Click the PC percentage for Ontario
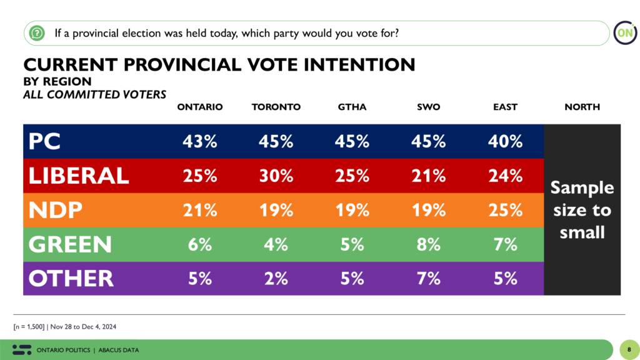tap(199, 141)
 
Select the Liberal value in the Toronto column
tap(276, 176)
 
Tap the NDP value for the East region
tap(505, 210)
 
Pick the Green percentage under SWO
tap(429, 244)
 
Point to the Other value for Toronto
tap(276, 278)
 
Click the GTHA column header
tap(352, 107)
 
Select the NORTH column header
tap(582, 107)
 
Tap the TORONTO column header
tap(276, 107)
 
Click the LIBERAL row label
tap(79, 176)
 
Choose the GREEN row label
tap(70, 244)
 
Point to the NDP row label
tap(56, 210)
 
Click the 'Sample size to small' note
tap(582, 210)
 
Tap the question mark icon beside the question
tap(37, 32)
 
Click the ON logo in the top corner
tap(624, 32)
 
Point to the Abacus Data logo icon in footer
tap(22, 349)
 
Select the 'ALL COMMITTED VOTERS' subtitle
tap(94, 94)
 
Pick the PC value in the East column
tap(505, 141)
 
